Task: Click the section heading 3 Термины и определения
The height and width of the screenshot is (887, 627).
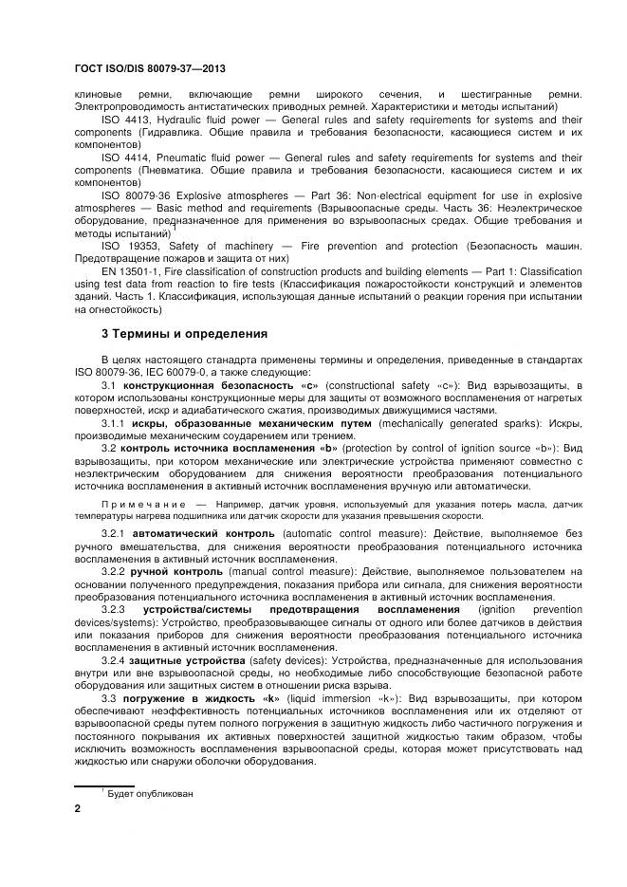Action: point(183,333)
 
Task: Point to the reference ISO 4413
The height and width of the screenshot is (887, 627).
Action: point(124,120)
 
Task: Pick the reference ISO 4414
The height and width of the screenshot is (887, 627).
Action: point(124,157)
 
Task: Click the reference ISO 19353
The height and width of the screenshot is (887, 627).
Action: point(127,246)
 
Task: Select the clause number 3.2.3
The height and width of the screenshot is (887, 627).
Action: point(114,609)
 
